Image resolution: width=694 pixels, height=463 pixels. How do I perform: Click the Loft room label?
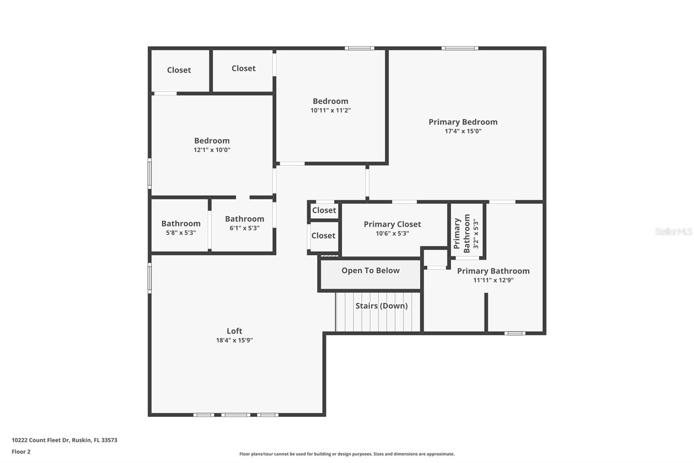234,331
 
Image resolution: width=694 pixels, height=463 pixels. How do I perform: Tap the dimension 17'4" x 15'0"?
463,131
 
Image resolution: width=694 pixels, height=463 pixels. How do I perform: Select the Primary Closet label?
392,224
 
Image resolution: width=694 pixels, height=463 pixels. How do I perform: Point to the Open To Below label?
370,271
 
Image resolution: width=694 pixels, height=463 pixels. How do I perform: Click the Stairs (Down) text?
381,306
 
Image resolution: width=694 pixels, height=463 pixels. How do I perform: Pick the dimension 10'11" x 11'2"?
330,110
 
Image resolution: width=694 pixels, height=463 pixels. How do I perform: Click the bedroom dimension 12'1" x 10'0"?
212,150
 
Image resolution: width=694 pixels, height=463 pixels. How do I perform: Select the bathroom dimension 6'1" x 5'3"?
244,228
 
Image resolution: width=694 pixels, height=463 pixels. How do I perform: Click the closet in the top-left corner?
179,70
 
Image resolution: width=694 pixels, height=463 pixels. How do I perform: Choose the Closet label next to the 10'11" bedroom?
243,68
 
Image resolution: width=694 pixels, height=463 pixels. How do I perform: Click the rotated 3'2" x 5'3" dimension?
476,233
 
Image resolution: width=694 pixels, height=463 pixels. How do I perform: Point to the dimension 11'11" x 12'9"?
493,280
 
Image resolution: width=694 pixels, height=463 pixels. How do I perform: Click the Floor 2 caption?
21,452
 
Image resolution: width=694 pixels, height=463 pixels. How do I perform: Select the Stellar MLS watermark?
673,231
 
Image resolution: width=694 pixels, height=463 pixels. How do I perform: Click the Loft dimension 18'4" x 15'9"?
234,341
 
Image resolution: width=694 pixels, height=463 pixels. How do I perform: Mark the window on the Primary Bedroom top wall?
460,48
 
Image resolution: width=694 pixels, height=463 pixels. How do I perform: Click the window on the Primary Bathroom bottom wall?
515,333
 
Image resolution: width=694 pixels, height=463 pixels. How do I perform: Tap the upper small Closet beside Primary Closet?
324,210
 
